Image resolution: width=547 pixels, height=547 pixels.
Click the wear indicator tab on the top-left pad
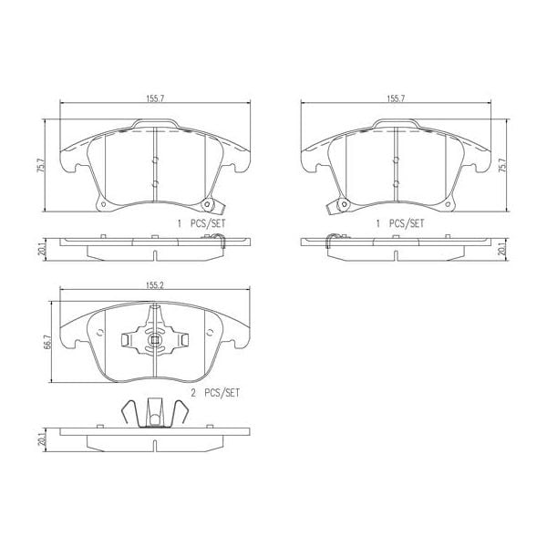212,205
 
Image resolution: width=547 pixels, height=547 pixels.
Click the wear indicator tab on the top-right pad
338,205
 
